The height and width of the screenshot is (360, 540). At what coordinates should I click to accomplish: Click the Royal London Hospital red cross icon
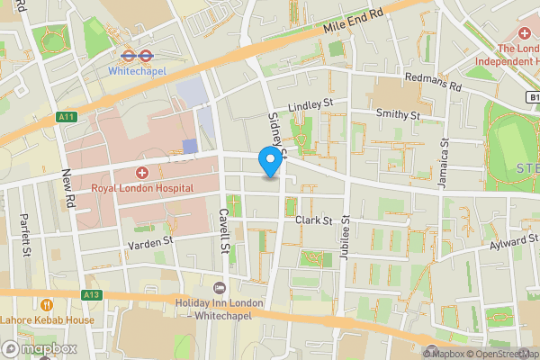point(141,173)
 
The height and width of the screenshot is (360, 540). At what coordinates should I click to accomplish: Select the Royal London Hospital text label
point(142,188)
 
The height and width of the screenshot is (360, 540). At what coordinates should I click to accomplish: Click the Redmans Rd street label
point(433,83)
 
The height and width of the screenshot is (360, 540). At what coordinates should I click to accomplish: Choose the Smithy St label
point(398,115)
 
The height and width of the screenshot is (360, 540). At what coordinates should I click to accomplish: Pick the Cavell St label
point(221,231)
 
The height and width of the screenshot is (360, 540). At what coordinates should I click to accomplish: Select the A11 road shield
point(66,116)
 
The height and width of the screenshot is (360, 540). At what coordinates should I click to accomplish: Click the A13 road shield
point(90,293)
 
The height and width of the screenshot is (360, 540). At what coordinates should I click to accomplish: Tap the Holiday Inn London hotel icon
point(220,287)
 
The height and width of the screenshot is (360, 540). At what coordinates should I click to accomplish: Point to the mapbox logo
point(40,348)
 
